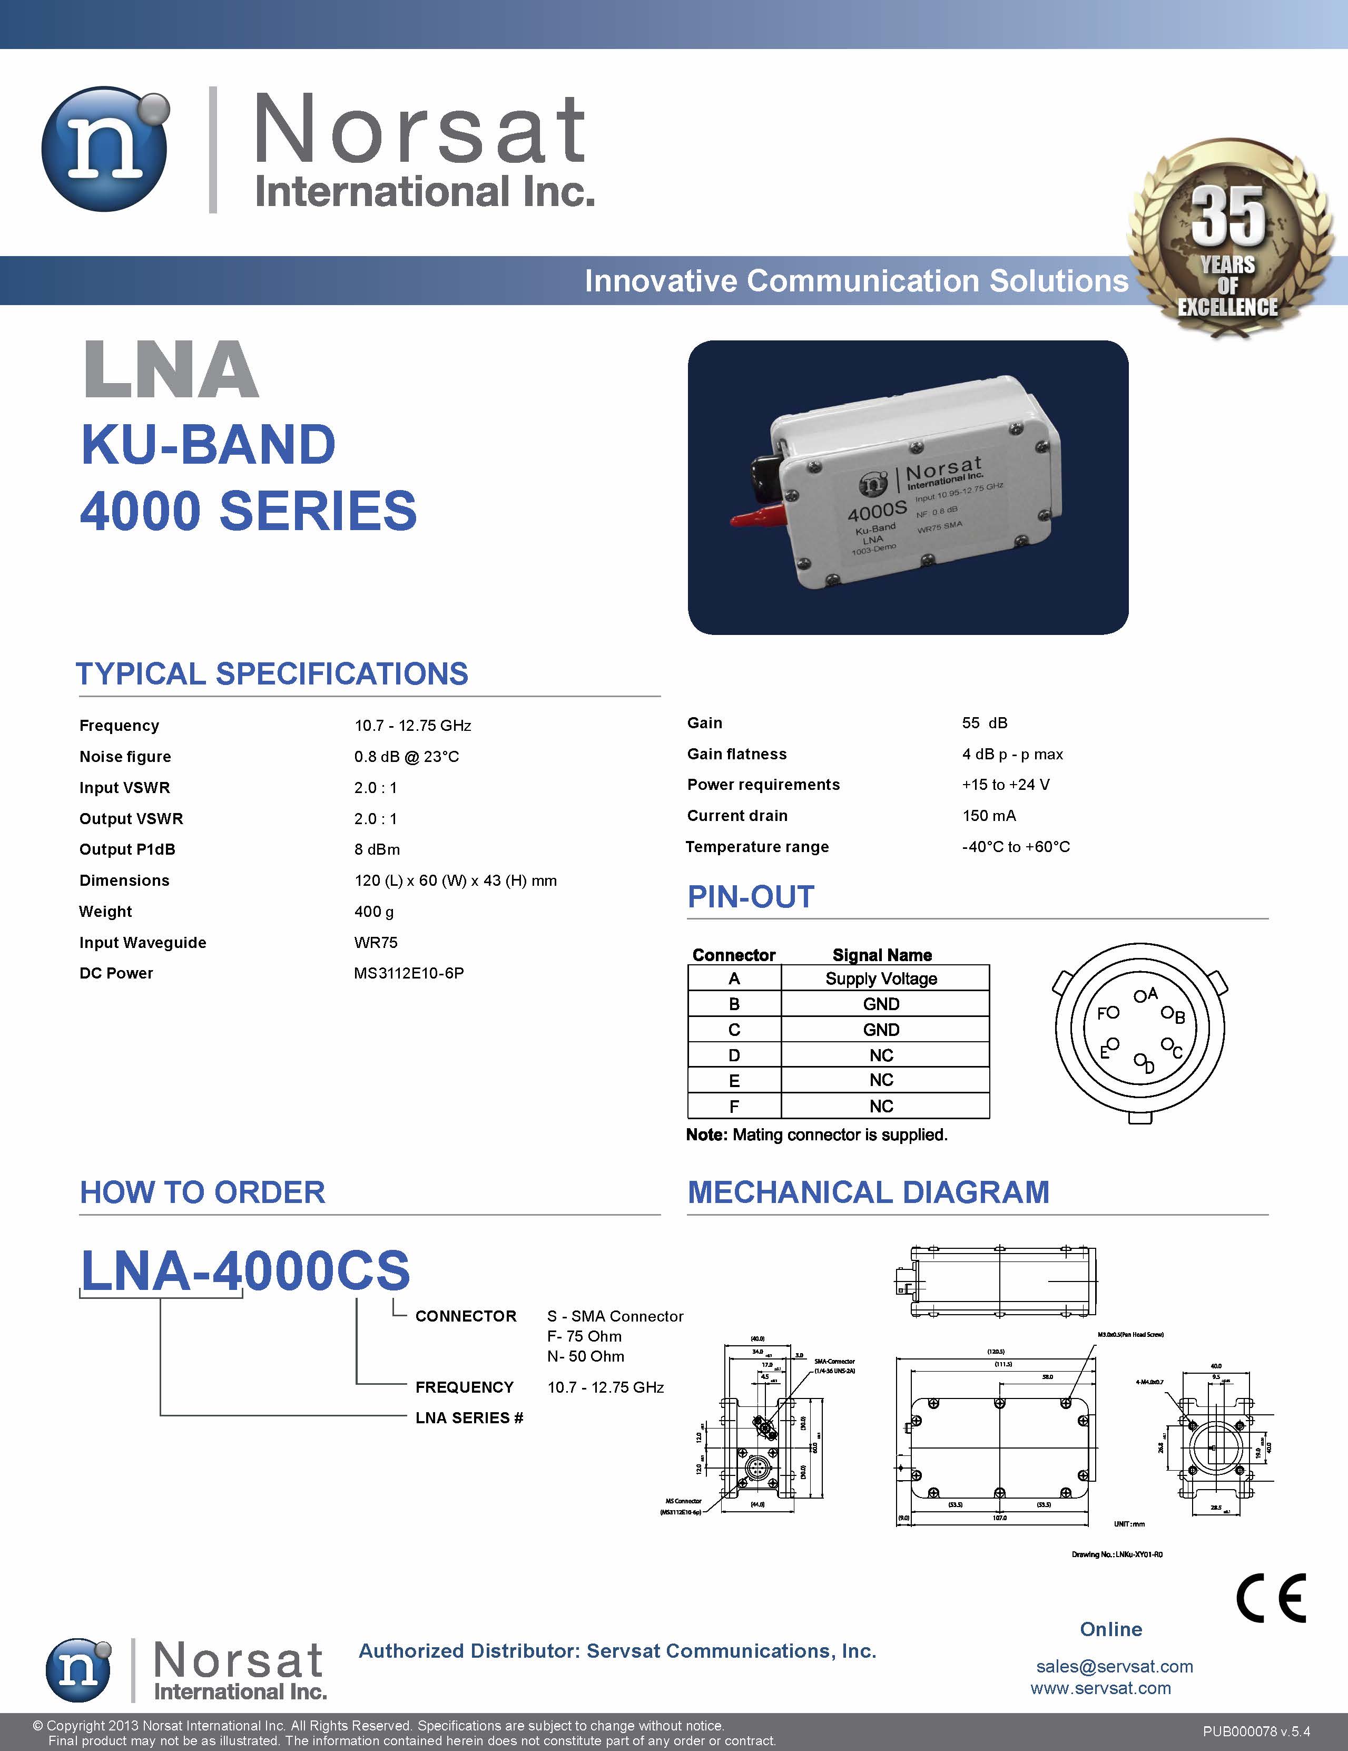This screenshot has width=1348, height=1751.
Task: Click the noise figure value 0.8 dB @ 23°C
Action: point(406,757)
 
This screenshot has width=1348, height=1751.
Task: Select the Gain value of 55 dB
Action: point(984,723)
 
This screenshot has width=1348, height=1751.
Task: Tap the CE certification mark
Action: point(1270,1598)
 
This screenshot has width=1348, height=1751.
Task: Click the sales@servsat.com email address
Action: point(1114,1667)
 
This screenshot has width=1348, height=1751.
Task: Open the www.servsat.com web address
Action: point(1100,1688)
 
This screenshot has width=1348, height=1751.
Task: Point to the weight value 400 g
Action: point(374,912)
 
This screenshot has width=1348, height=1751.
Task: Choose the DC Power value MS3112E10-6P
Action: point(409,973)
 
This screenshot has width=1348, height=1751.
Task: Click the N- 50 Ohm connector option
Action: point(585,1356)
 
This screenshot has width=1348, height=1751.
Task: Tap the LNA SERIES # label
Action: point(469,1417)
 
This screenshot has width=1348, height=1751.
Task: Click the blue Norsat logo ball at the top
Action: point(105,149)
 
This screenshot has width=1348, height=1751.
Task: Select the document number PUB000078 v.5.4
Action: point(1256,1732)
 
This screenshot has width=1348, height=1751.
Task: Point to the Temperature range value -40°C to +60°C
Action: point(1016,847)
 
